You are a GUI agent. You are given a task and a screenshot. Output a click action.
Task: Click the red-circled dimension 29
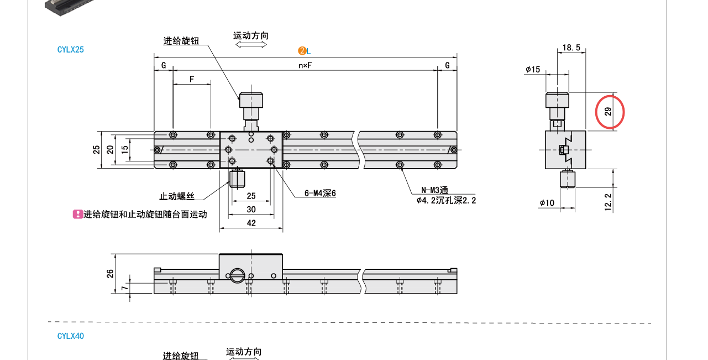(x=609, y=112)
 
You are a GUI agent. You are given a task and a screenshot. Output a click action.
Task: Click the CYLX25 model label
(x=70, y=50)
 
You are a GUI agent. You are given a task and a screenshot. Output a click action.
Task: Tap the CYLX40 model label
(x=70, y=336)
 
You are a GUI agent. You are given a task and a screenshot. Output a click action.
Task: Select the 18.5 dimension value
(x=571, y=48)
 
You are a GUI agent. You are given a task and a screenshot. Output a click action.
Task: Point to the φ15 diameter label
(x=533, y=70)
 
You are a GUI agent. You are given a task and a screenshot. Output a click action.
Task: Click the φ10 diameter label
(x=547, y=203)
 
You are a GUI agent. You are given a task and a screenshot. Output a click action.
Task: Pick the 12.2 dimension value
(x=608, y=202)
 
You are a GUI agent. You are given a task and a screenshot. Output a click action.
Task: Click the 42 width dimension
(x=251, y=223)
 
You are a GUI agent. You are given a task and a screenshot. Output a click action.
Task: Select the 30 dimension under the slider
(x=251, y=210)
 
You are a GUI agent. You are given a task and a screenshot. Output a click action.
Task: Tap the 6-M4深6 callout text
(x=320, y=194)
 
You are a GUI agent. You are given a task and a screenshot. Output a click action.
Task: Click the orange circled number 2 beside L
(x=302, y=51)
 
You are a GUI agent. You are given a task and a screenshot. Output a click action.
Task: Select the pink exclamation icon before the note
(x=78, y=214)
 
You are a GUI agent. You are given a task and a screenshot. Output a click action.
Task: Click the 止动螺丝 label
(x=177, y=196)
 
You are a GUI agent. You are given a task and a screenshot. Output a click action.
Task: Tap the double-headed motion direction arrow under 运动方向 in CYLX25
(x=251, y=44)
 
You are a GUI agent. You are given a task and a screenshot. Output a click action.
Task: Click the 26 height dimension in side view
(x=110, y=273)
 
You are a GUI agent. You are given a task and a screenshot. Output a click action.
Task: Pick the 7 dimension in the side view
(x=125, y=288)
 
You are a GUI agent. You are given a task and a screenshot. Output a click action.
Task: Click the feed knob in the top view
(x=251, y=101)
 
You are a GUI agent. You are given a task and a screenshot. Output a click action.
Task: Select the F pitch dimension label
(x=192, y=79)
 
